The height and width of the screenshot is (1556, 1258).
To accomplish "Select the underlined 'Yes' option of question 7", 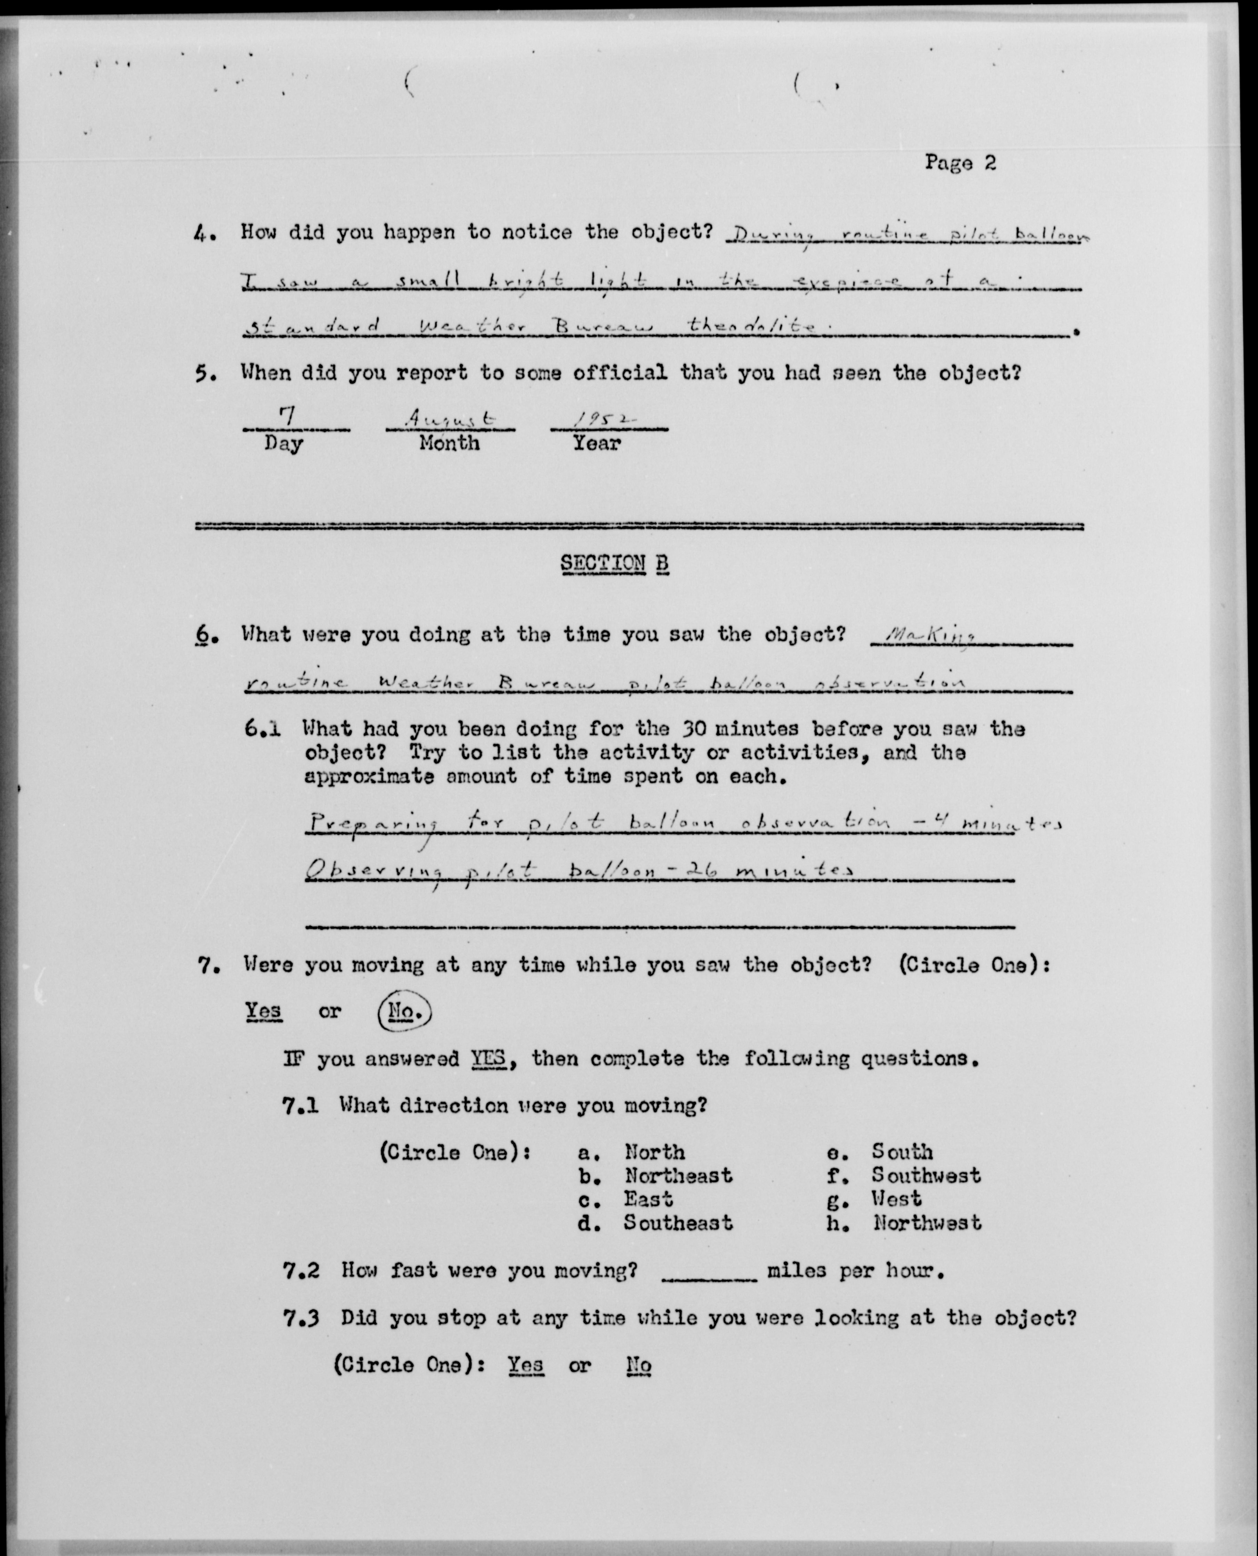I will click(x=263, y=1010).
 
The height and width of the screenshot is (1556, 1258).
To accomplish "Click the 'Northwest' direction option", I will click(x=927, y=1223).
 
